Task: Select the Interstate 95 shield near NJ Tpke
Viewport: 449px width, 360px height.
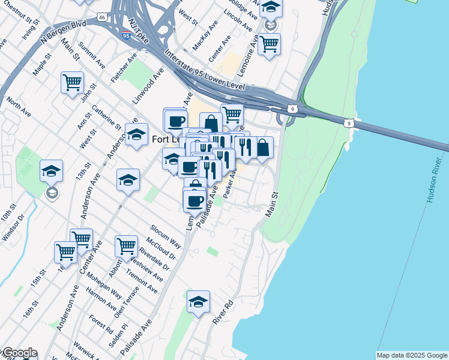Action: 126,35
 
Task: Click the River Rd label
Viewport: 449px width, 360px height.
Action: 223,313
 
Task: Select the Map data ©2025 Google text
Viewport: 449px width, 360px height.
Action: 412,355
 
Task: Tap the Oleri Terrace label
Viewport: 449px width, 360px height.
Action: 131,301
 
